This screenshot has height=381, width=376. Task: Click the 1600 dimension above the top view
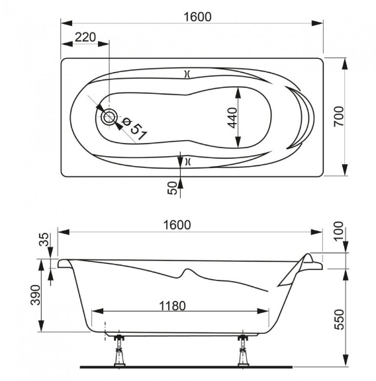tap(197, 17)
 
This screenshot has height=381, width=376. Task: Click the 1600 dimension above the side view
tap(177, 225)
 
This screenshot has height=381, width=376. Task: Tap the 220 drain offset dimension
tap(85, 37)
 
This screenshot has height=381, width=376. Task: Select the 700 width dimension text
tap(339, 116)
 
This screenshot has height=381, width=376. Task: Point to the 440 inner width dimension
tap(232, 118)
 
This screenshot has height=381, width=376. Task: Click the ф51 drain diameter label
tap(134, 128)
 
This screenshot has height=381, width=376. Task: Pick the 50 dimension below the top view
tap(172, 188)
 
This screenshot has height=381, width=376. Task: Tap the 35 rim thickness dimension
tap(44, 239)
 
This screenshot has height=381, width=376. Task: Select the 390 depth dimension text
tap(36, 295)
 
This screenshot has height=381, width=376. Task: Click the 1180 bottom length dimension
tap(172, 306)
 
